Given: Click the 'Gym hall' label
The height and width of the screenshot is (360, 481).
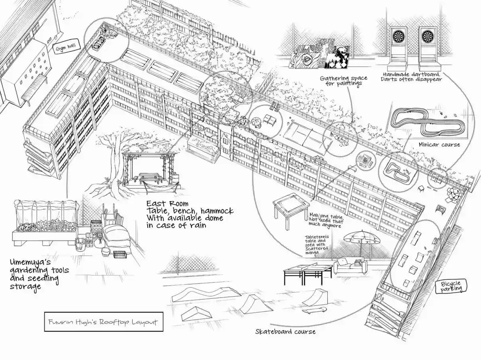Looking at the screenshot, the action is [x=66, y=48].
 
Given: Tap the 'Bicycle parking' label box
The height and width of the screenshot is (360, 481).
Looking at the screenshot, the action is [x=451, y=287].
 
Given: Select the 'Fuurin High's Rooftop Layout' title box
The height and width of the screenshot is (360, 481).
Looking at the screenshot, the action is [x=104, y=322].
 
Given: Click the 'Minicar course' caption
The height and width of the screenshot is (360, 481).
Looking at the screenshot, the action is [x=439, y=145].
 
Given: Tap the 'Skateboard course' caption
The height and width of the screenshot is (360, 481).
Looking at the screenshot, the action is [x=285, y=331].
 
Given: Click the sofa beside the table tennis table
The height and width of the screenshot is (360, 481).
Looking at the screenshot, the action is [x=350, y=266].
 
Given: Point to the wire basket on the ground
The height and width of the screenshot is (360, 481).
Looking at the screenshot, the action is [x=121, y=255].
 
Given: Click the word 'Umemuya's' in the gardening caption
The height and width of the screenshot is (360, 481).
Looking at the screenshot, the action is [x=30, y=262].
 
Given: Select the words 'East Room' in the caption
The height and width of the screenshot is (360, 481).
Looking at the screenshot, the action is [x=167, y=203].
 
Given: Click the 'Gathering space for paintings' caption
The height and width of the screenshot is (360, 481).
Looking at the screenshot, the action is [x=343, y=80].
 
